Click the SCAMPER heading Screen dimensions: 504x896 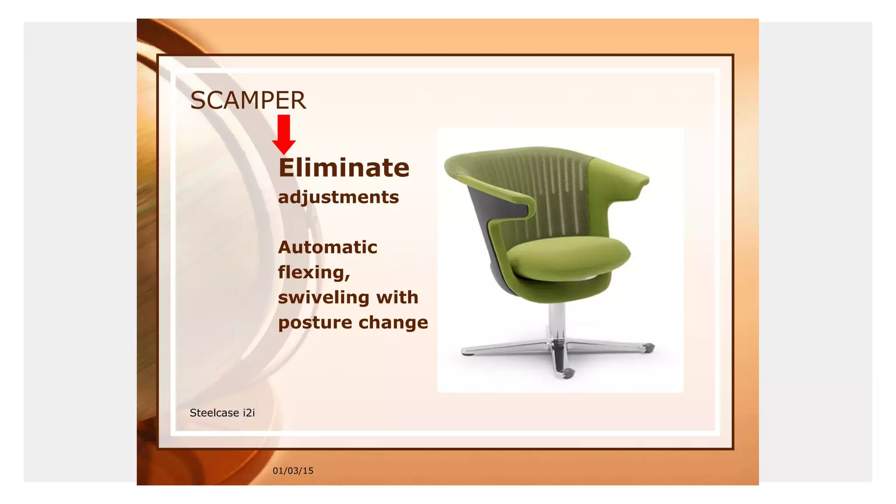[x=248, y=100]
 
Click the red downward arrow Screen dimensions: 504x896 [x=283, y=134]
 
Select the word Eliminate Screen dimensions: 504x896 [x=344, y=168]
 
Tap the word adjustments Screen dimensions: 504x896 [x=338, y=197]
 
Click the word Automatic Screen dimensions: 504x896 [x=327, y=247]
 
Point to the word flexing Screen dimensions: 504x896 [x=313, y=272]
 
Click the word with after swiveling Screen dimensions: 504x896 [x=398, y=297]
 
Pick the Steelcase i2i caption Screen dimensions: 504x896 [x=222, y=413]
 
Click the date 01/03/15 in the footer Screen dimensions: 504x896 [x=293, y=471]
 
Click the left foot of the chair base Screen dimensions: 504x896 [x=468, y=352]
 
